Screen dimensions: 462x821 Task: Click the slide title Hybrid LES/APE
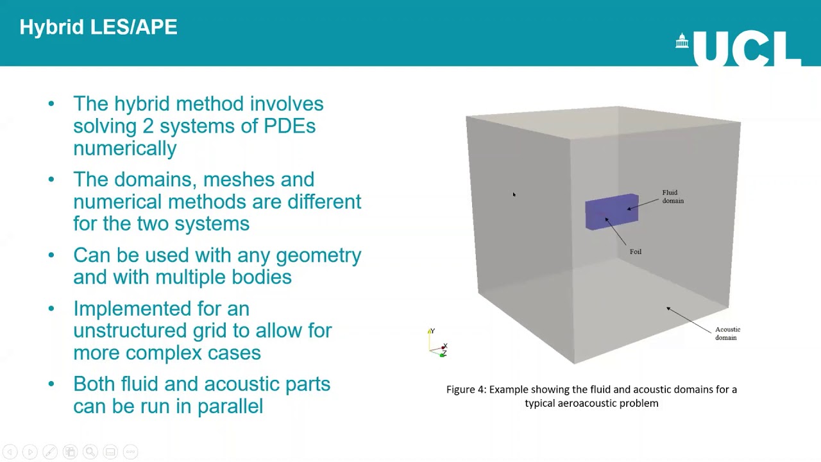(98, 27)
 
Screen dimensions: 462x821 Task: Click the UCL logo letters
(747, 49)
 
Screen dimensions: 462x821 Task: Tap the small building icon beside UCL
(682, 42)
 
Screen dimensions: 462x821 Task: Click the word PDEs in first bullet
(289, 126)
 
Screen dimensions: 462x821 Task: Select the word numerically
(124, 148)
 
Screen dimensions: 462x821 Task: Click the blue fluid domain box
(611, 212)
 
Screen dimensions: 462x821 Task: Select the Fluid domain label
(672, 196)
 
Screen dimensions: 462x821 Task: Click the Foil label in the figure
(635, 252)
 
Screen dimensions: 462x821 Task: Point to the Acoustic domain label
(727, 333)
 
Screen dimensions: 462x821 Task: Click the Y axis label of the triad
(433, 331)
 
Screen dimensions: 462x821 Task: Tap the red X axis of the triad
(443, 347)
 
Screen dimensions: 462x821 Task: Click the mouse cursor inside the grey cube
(514, 195)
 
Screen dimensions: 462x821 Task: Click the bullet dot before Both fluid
(51, 384)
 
